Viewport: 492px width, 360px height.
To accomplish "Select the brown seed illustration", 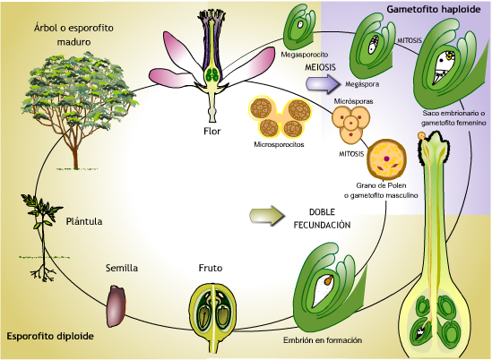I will pos(119,304).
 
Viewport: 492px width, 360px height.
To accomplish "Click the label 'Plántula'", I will pos(84,219).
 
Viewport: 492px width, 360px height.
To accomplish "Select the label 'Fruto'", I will pos(212,268).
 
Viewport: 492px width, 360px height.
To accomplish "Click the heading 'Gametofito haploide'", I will pos(430,10).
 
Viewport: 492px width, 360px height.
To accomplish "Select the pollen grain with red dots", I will pos(387,161).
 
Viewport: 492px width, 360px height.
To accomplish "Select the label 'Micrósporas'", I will pos(351,101).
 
